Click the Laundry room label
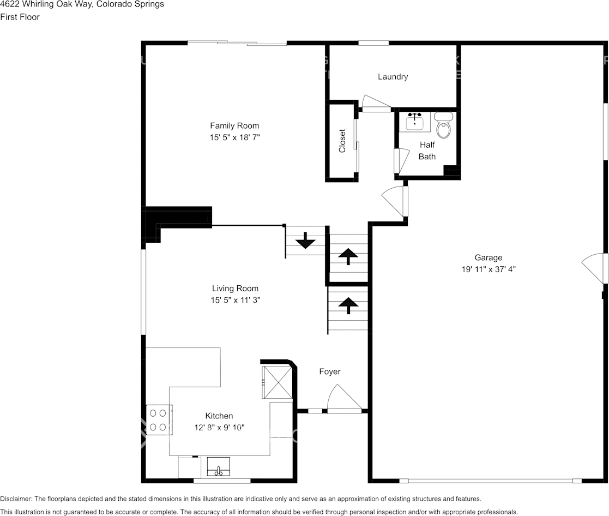point(393,77)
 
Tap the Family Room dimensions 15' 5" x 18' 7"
point(234,138)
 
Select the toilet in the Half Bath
point(444,126)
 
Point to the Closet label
point(342,141)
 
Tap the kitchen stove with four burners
point(159,419)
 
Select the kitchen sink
point(218,469)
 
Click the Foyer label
point(329,371)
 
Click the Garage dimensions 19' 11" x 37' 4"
point(488,269)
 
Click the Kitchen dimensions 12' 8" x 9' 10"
point(219,428)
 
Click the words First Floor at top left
point(20,17)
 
